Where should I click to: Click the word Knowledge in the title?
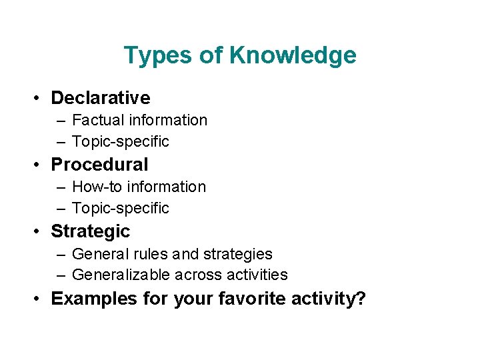293,55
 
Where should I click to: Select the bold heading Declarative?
101,98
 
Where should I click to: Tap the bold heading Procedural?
99,165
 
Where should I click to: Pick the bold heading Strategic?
91,231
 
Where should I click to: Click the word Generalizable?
121,275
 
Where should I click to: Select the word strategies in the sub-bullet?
241,254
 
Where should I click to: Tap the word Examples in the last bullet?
94,298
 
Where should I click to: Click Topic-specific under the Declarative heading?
121,141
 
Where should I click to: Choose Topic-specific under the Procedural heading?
121,208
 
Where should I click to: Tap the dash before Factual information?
61,121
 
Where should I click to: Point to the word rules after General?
150,254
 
